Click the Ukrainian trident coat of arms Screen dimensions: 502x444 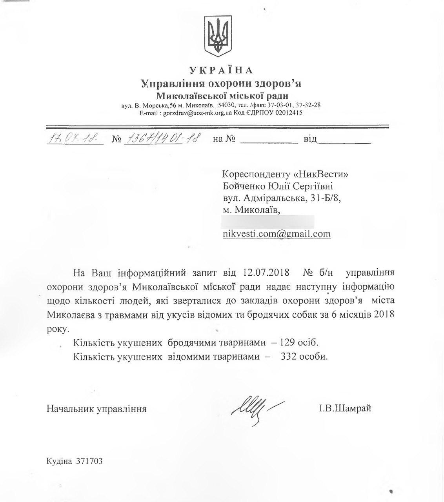point(219,36)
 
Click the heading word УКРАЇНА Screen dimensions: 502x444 point(222,71)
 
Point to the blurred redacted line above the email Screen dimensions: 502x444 point(268,222)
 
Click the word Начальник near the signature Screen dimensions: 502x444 point(69,409)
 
